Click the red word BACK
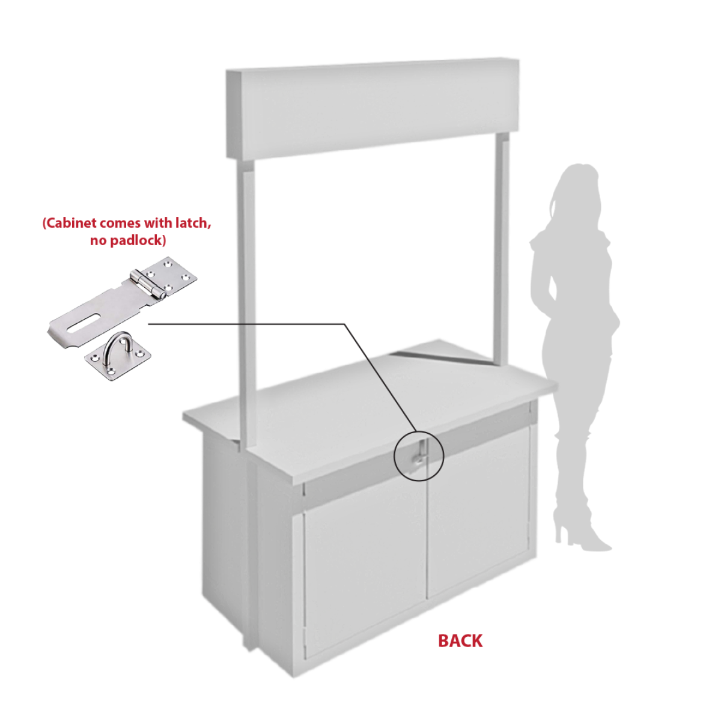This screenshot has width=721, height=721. pos(460,641)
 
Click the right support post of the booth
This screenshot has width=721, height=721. pos(501,250)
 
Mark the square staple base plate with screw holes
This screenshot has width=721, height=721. pos(118,359)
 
